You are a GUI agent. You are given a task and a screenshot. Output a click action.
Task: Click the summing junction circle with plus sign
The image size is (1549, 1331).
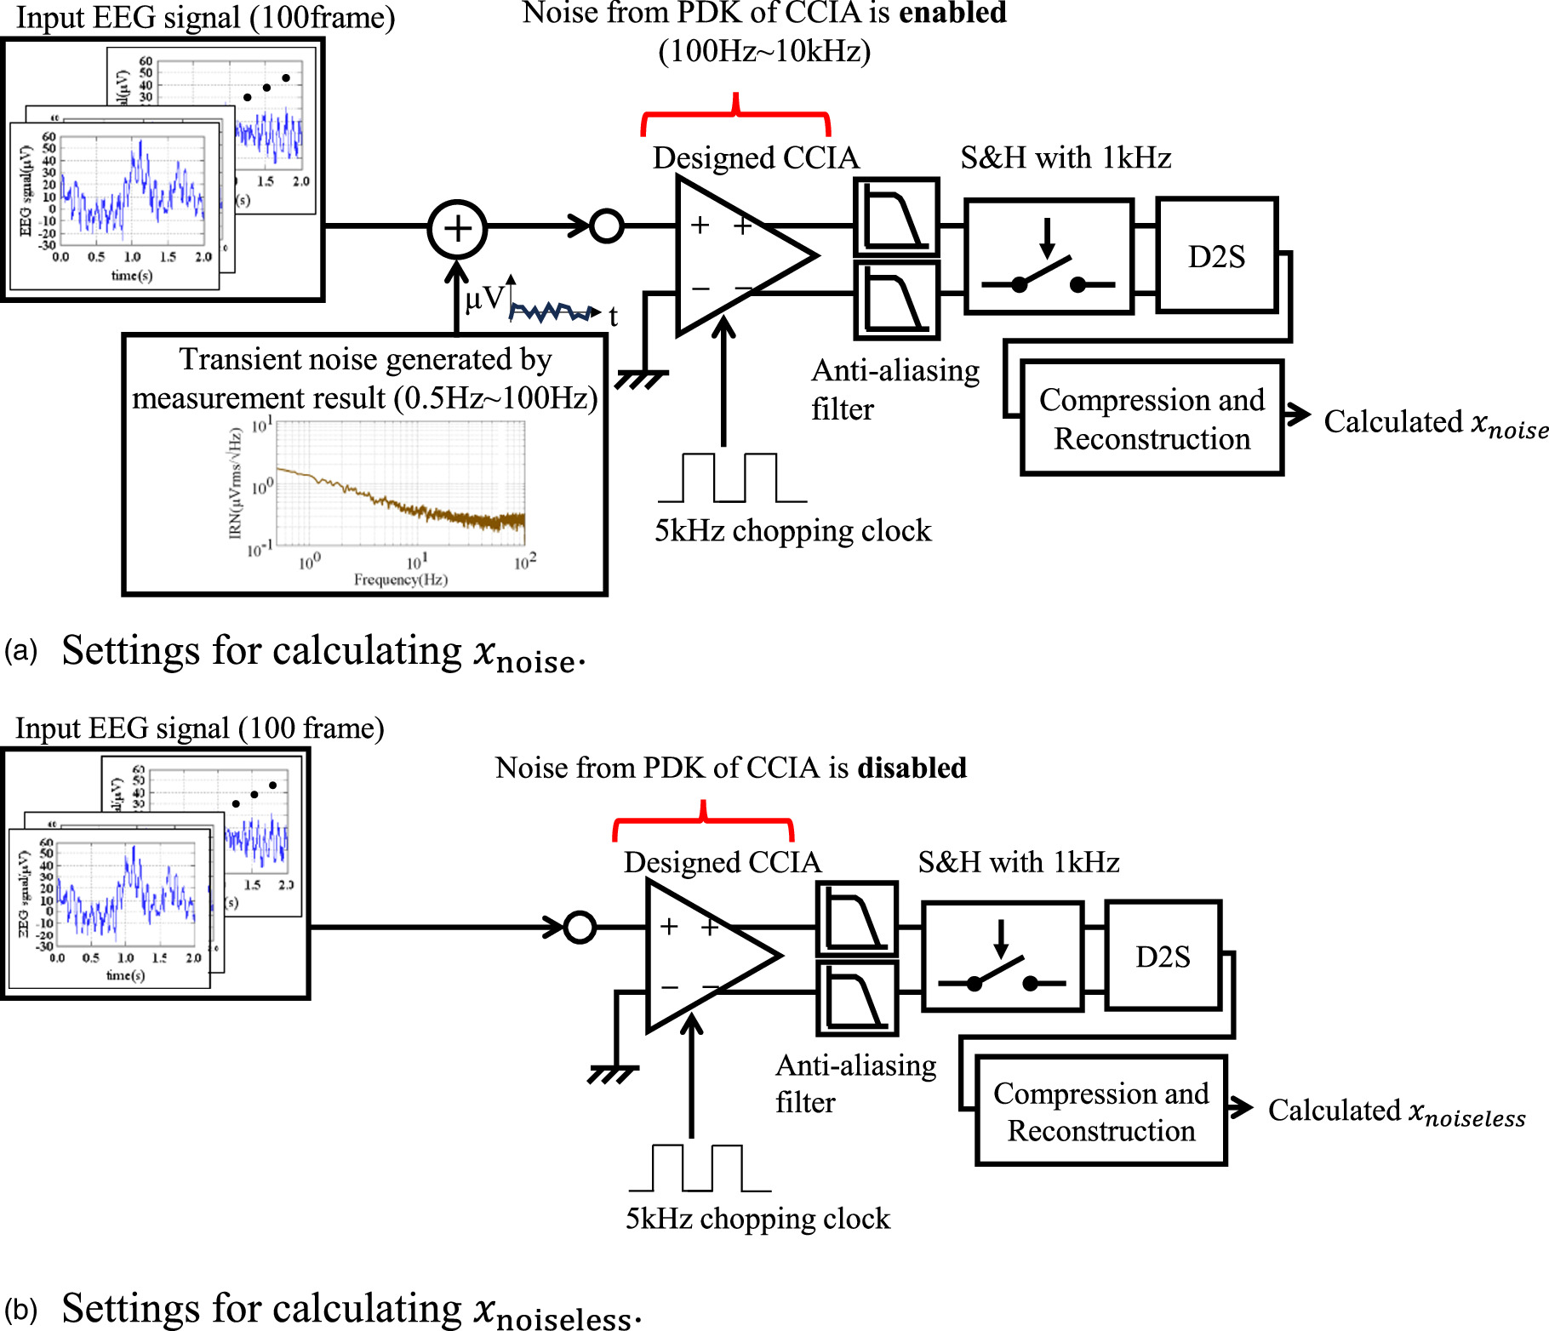pos(458,229)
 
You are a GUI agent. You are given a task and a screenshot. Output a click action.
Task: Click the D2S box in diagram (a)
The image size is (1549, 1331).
pos(1217,256)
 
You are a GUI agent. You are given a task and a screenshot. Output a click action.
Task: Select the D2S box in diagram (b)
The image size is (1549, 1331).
pos(1163,957)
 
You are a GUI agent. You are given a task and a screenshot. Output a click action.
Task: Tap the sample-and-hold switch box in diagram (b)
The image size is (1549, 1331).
pos(1003,957)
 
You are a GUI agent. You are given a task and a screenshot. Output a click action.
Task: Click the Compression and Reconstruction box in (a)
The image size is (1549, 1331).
pos(1152,418)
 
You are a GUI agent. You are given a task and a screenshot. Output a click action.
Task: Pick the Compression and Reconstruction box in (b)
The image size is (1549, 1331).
pos(1100,1111)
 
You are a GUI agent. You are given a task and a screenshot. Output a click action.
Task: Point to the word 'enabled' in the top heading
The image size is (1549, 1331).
pos(953,13)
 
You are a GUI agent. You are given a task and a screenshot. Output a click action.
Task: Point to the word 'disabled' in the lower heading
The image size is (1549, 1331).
pos(912,768)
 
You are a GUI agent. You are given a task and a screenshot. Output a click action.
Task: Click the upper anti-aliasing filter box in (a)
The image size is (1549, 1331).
pos(896,218)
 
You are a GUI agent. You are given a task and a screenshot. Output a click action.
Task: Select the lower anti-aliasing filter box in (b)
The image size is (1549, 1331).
pos(857,999)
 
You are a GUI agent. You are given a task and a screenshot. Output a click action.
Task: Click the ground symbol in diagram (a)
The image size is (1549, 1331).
pos(641,379)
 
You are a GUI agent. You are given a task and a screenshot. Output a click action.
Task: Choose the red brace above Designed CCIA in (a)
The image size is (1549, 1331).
pos(735,116)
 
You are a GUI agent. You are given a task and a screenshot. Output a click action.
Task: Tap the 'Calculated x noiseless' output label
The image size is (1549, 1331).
pos(1396,1111)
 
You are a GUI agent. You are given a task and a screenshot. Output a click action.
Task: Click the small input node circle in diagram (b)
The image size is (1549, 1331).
pos(580,927)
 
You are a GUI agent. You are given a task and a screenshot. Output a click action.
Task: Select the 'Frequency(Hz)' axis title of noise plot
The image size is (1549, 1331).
pos(401,580)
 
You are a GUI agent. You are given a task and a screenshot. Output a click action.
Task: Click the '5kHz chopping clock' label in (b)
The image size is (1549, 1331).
pos(757,1219)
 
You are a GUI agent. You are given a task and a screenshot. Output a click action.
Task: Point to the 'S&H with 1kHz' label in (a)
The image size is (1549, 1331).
pos(1066,157)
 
